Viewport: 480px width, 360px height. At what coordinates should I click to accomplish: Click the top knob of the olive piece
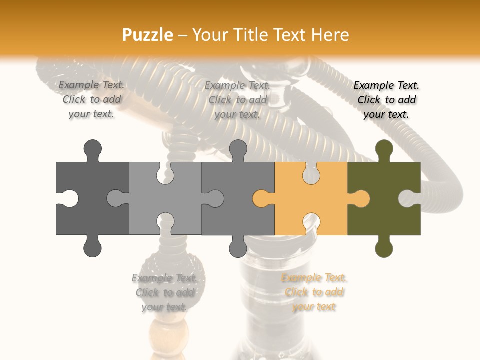(x=384, y=149)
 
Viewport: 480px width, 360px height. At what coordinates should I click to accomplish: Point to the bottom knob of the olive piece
(x=384, y=248)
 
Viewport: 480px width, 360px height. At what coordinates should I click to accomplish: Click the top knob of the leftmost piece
(x=92, y=149)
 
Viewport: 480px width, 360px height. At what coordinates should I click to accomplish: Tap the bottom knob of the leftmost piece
(x=92, y=248)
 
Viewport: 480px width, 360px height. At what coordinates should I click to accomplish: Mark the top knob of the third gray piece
(x=238, y=149)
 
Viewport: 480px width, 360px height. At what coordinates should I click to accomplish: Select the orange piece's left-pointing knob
(x=261, y=199)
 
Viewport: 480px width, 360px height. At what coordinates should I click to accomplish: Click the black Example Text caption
(x=386, y=100)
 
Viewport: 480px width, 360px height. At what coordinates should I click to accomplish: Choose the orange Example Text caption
(x=314, y=292)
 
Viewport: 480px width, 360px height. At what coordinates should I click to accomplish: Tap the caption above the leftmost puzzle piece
(x=91, y=100)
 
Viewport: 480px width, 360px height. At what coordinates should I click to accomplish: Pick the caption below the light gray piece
(x=164, y=292)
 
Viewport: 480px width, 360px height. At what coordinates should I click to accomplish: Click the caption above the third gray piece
(x=237, y=100)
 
